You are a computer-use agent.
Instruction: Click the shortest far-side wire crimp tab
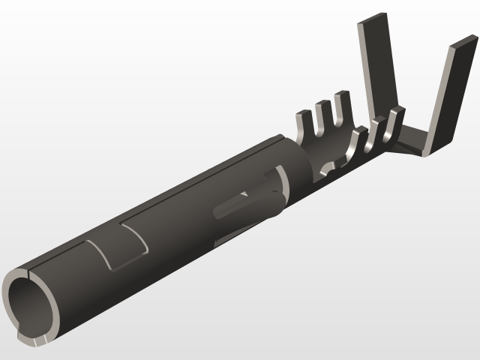tap(304, 124)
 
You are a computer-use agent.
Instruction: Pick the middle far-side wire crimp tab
tap(324, 113)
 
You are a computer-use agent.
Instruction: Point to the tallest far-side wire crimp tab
tap(343, 106)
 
